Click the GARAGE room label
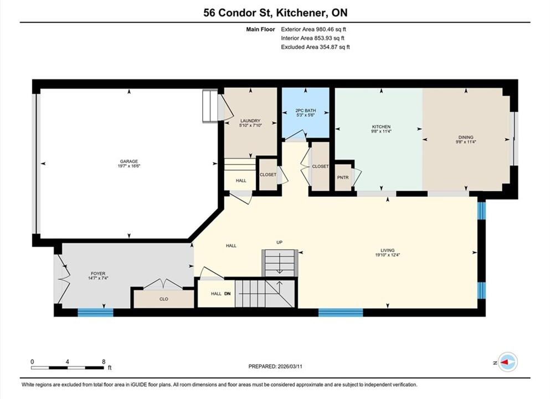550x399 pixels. click(x=129, y=161)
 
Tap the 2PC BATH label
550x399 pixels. click(x=306, y=110)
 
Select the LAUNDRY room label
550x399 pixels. click(x=250, y=121)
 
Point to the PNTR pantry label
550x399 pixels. click(x=343, y=177)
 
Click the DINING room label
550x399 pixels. click(x=466, y=137)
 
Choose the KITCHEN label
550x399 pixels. click(x=381, y=127)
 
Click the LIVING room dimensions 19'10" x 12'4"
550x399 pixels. click(x=388, y=255)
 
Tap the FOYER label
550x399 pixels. click(x=98, y=274)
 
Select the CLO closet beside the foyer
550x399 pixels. click(x=164, y=299)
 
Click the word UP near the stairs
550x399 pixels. click(x=279, y=242)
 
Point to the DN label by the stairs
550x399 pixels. click(x=227, y=294)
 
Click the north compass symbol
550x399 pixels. click(x=507, y=362)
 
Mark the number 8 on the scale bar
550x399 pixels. click(x=104, y=362)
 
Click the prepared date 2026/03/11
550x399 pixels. click(x=290, y=366)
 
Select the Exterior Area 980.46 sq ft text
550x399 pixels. click(x=313, y=29)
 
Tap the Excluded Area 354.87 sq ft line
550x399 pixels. click(x=315, y=47)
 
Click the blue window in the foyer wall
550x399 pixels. click(x=95, y=313)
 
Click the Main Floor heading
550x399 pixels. click(x=260, y=29)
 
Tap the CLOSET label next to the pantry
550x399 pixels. click(x=320, y=166)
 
